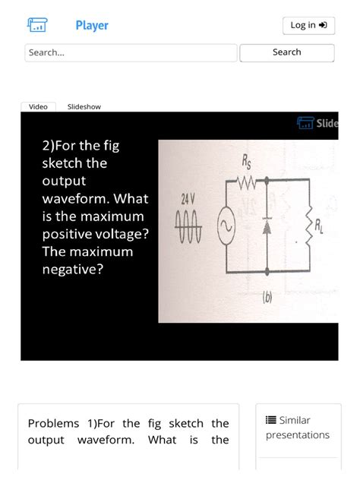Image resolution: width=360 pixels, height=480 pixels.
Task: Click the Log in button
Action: click(308, 26)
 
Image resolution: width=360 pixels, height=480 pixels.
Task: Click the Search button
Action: click(286, 52)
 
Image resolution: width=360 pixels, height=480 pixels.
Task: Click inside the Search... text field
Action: click(131, 52)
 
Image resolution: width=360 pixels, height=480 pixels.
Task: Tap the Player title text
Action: click(92, 26)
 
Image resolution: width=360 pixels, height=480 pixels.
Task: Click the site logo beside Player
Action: click(36, 26)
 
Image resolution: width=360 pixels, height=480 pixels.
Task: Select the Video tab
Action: click(38, 106)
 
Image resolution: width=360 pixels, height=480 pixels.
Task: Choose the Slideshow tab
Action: click(84, 106)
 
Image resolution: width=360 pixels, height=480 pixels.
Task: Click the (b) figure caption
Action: click(267, 298)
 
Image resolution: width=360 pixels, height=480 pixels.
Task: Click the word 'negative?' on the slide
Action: click(73, 269)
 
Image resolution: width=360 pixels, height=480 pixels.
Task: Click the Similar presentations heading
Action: click(297, 428)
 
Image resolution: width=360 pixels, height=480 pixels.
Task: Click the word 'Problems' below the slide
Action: click(53, 423)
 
